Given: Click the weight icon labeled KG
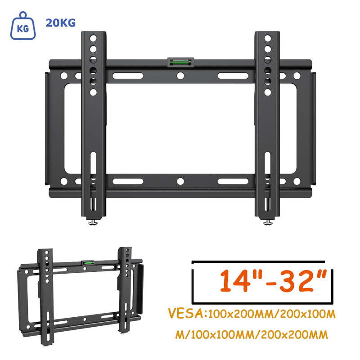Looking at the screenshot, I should (22, 27).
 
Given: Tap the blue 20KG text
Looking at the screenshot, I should (60, 23).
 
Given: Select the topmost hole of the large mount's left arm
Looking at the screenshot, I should (93, 38).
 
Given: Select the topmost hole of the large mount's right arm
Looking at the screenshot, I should (267, 38).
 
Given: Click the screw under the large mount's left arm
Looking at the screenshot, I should (94, 222).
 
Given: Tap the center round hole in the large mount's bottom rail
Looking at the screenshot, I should (180, 181).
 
